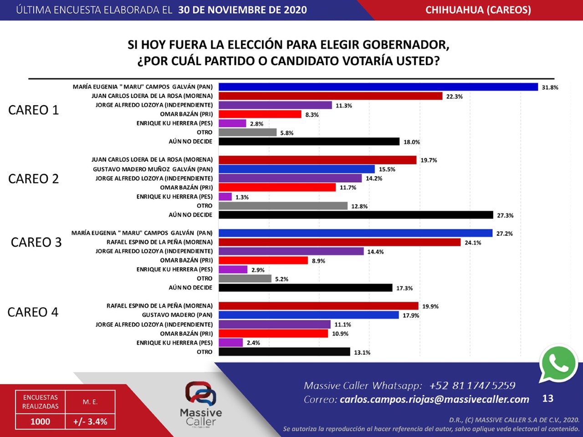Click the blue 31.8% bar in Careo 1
pyautogui.click(x=378, y=87)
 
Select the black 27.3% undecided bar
pyautogui.click(x=356, y=215)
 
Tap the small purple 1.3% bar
pyautogui.click(x=225, y=197)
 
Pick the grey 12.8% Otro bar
pyautogui.click(x=283, y=206)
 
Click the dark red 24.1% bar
pyautogui.click(x=340, y=242)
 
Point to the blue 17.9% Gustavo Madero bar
pyautogui.click(x=309, y=315)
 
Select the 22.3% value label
pyautogui.click(x=455, y=97)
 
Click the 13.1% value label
pyautogui.click(x=362, y=352)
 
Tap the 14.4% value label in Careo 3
pyautogui.click(x=376, y=252)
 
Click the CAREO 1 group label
pyautogui.click(x=33, y=110)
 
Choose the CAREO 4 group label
pyautogui.click(x=33, y=312)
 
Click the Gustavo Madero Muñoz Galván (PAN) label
pyautogui.click(x=153, y=169)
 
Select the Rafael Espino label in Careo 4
pyautogui.click(x=159, y=305)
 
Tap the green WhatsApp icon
pyautogui.click(x=558, y=364)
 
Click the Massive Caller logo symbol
pyautogui.click(x=201, y=394)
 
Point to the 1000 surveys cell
pyautogui.click(x=41, y=422)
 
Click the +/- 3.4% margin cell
pyautogui.click(x=90, y=422)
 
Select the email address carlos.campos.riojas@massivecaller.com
pyautogui.click(x=434, y=399)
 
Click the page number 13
pyautogui.click(x=547, y=398)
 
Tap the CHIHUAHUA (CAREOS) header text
pyautogui.click(x=478, y=10)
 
